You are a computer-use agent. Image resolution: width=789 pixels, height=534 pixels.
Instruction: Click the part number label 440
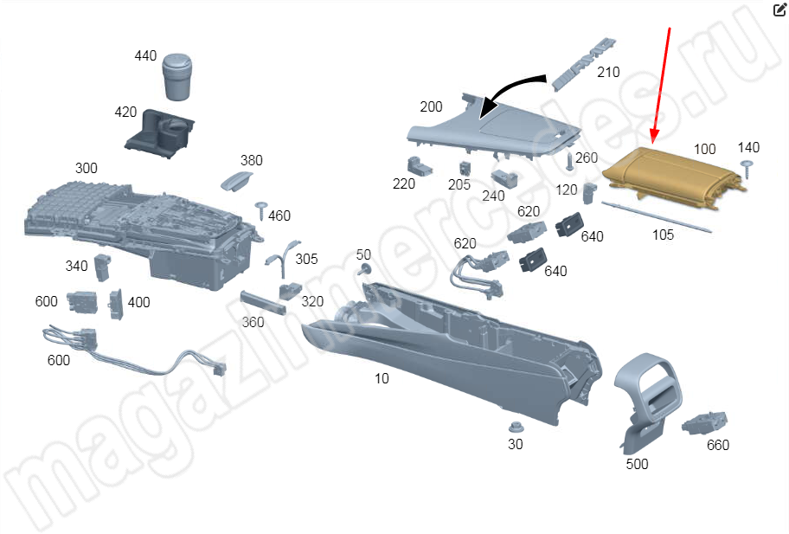[x=145, y=56]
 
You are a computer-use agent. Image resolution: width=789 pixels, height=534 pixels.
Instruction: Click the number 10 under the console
[x=382, y=378]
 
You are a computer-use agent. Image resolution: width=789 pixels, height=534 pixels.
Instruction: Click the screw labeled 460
[x=260, y=208]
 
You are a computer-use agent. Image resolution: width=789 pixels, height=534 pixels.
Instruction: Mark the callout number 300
[x=87, y=168]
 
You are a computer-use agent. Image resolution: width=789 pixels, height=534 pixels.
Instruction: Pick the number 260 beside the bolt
[x=587, y=158]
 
